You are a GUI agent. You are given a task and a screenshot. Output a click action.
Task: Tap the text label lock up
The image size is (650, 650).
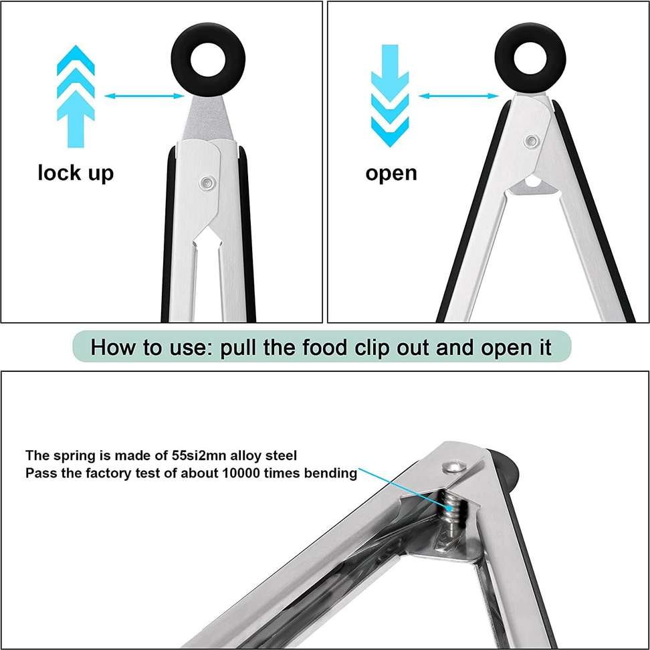click(76, 173)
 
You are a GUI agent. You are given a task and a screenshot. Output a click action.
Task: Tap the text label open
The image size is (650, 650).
click(391, 173)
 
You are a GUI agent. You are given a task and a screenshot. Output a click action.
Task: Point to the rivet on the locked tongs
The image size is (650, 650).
click(208, 182)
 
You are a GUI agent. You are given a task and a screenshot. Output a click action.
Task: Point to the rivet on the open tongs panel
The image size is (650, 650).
click(532, 141)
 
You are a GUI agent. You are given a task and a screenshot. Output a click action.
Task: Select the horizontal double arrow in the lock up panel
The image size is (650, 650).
click(144, 97)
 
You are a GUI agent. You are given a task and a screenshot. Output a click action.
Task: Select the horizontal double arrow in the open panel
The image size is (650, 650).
click(459, 97)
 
